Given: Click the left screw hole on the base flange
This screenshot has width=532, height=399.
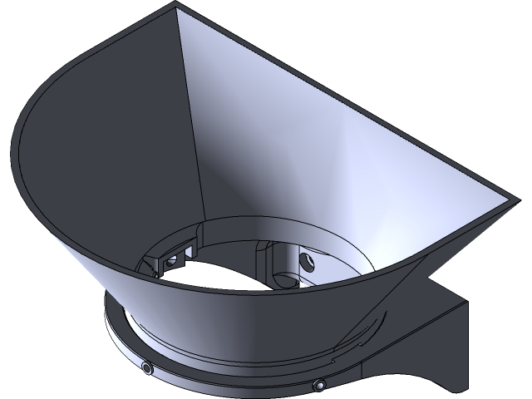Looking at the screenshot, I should pyautogui.click(x=147, y=367).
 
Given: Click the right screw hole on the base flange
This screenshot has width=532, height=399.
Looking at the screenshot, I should pyautogui.click(x=319, y=386).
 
